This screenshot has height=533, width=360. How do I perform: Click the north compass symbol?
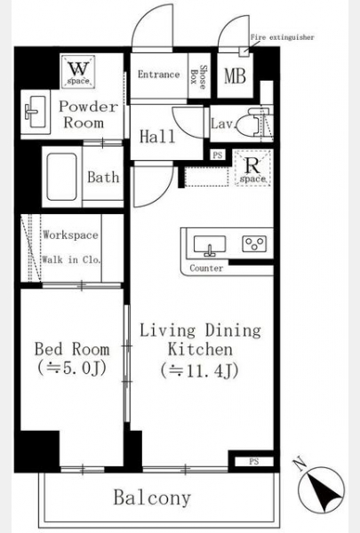pos(321,489)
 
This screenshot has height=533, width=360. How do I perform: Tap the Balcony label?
pos(152,498)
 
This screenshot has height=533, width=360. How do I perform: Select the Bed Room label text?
pos(72,349)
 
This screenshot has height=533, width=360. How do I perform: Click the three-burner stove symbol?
pos(254,243)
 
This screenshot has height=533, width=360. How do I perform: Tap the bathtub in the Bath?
pos(61,177)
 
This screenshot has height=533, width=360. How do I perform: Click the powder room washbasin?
pos(36,112)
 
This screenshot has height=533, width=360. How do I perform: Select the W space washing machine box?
pos(78,72)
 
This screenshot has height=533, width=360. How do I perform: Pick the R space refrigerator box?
pos(252,168)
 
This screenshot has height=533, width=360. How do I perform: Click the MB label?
pos(235,76)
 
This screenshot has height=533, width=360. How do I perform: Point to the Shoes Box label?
pos(198,77)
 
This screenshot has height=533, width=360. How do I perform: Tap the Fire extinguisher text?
pos(282,37)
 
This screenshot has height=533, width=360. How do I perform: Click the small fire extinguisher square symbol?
pos(244,52)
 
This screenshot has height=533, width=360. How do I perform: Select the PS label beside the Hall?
pos(217,155)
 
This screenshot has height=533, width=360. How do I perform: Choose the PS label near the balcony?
pos(254,461)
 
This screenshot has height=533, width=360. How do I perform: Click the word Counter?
pos(206,268)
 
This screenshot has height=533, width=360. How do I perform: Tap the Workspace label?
pos(70,235)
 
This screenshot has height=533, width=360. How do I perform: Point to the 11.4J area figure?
pos(199,370)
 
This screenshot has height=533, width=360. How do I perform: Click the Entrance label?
pos(158,74)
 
